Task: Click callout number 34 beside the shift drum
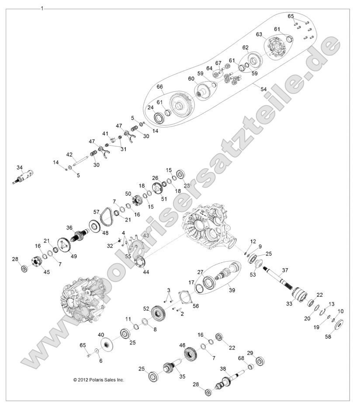(x=19, y=167)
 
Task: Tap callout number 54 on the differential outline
(x=263, y=89)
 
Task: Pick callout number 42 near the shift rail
(x=69, y=155)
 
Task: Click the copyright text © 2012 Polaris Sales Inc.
(x=99, y=380)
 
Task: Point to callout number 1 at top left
(x=42, y=8)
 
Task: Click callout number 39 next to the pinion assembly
(x=232, y=290)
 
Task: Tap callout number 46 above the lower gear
(x=183, y=345)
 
